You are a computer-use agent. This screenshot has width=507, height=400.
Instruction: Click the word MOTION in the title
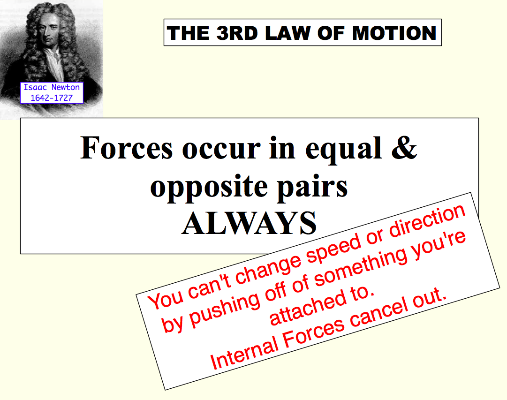click(394, 33)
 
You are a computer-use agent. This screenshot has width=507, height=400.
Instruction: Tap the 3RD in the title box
click(237, 33)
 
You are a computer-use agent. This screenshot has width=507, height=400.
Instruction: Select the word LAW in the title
click(288, 33)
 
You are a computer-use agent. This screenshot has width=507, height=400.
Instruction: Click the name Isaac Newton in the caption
click(52, 87)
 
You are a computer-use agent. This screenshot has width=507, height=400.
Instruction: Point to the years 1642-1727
click(52, 98)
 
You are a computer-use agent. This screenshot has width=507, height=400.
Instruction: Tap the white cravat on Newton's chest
click(54, 65)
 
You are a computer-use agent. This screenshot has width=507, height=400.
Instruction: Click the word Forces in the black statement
click(127, 148)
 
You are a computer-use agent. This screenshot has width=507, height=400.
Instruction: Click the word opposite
click(209, 188)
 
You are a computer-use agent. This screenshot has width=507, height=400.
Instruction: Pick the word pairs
click(312, 188)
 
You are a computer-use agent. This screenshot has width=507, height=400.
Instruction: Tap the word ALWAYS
click(249, 223)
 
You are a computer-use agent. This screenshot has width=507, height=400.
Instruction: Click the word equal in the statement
click(343, 150)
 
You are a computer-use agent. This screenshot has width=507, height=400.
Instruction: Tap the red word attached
click(307, 307)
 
